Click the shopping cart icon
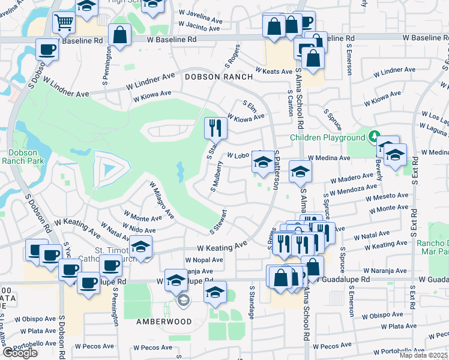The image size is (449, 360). tap(63, 23)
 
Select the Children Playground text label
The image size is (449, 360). tap(328, 137)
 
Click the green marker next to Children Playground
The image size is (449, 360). tap(375, 136)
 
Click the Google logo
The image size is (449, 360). tap(20, 353)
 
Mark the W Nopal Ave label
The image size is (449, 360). tap(203, 260)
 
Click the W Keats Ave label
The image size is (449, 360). tap(273, 70)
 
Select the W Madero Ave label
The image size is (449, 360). tap(352, 177)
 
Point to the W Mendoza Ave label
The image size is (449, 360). tap(354, 189)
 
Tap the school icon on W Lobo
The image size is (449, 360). tap(262, 163)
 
